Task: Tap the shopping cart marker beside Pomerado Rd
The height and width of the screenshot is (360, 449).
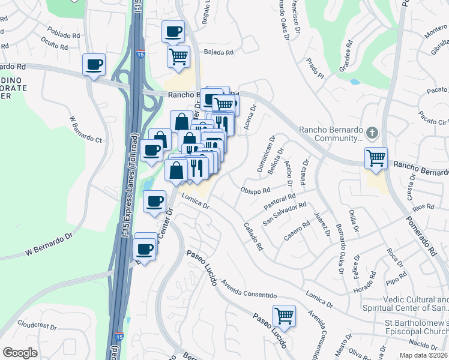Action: pos(376,158)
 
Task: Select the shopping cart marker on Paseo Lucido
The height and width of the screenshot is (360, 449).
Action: pos(284,314)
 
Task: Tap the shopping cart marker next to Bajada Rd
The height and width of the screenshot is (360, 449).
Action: pos(178,56)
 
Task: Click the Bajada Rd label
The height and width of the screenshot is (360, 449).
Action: pos(218,53)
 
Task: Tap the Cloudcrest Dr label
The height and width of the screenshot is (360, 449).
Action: pos(37,326)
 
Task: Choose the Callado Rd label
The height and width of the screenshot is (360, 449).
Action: pos(253,237)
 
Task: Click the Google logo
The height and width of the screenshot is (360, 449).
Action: pos(20,352)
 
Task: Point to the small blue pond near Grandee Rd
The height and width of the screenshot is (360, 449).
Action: pos(355,81)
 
